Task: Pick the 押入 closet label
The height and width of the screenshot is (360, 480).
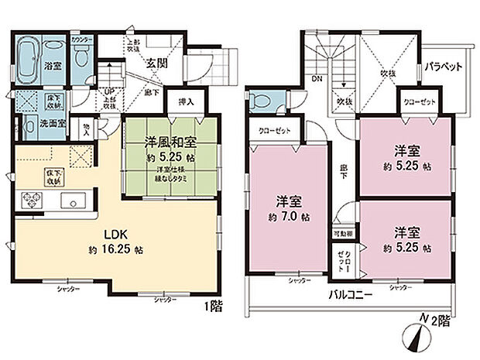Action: tap(186, 101)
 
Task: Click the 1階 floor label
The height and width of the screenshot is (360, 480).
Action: tap(214, 306)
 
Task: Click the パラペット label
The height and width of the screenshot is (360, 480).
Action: tap(442, 67)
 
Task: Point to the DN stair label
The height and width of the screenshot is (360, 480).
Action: tap(317, 78)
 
